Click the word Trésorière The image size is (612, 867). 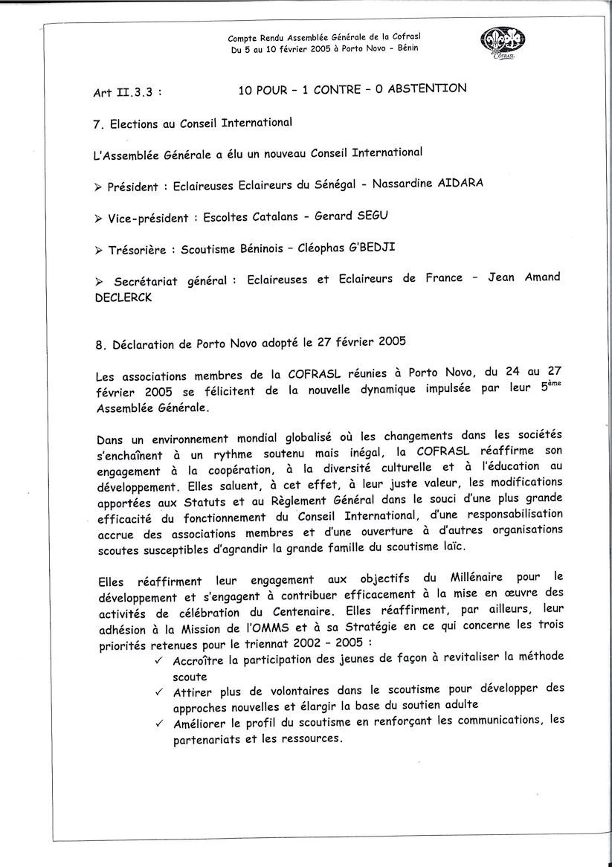tap(134, 251)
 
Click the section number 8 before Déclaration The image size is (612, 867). tap(99, 345)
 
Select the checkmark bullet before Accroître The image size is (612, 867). tap(159, 660)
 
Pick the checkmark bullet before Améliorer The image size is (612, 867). tap(159, 722)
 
